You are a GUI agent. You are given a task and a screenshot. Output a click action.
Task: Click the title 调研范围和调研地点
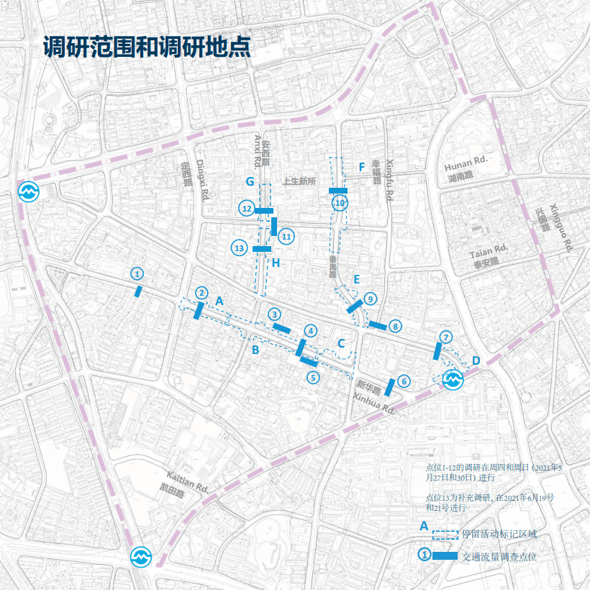point(147,47)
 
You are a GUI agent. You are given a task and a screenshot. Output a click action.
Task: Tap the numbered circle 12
point(246,209)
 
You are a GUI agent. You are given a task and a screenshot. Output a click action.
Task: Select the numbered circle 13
point(240,248)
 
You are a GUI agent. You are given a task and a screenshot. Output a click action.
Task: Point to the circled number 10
point(340,204)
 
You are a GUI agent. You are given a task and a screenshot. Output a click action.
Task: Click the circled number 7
point(446,337)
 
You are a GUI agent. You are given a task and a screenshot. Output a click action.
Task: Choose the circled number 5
point(312,376)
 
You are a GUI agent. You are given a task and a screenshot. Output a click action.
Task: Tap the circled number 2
point(202,293)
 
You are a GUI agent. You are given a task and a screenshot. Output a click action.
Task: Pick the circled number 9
point(370,298)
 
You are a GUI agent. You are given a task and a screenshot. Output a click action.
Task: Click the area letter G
point(250,181)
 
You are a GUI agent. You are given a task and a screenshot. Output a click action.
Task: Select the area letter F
point(362,167)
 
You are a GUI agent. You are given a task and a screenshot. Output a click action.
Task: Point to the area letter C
point(342,342)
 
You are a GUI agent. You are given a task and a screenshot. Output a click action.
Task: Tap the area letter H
point(276,263)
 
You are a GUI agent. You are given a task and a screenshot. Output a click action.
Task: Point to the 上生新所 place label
point(300,181)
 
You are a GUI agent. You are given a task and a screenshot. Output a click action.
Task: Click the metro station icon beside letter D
point(453,379)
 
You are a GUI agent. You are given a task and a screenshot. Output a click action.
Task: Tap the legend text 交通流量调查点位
point(499,556)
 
